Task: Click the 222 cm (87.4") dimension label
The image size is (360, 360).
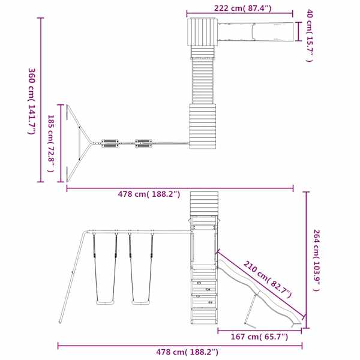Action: tap(242, 8)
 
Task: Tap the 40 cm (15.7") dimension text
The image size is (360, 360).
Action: tap(310, 35)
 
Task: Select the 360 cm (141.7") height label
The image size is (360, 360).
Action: tap(32, 101)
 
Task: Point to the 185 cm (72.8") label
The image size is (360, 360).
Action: tap(51, 144)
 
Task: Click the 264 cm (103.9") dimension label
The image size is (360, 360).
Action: tap(317, 260)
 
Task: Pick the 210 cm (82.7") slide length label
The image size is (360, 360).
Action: tap(268, 280)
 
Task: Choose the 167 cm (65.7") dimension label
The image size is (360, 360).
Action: tap(259, 337)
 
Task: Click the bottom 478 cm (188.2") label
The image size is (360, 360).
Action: tap(187, 352)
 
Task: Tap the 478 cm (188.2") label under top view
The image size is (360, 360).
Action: tap(149, 194)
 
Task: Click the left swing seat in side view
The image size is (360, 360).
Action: tap(106, 302)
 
